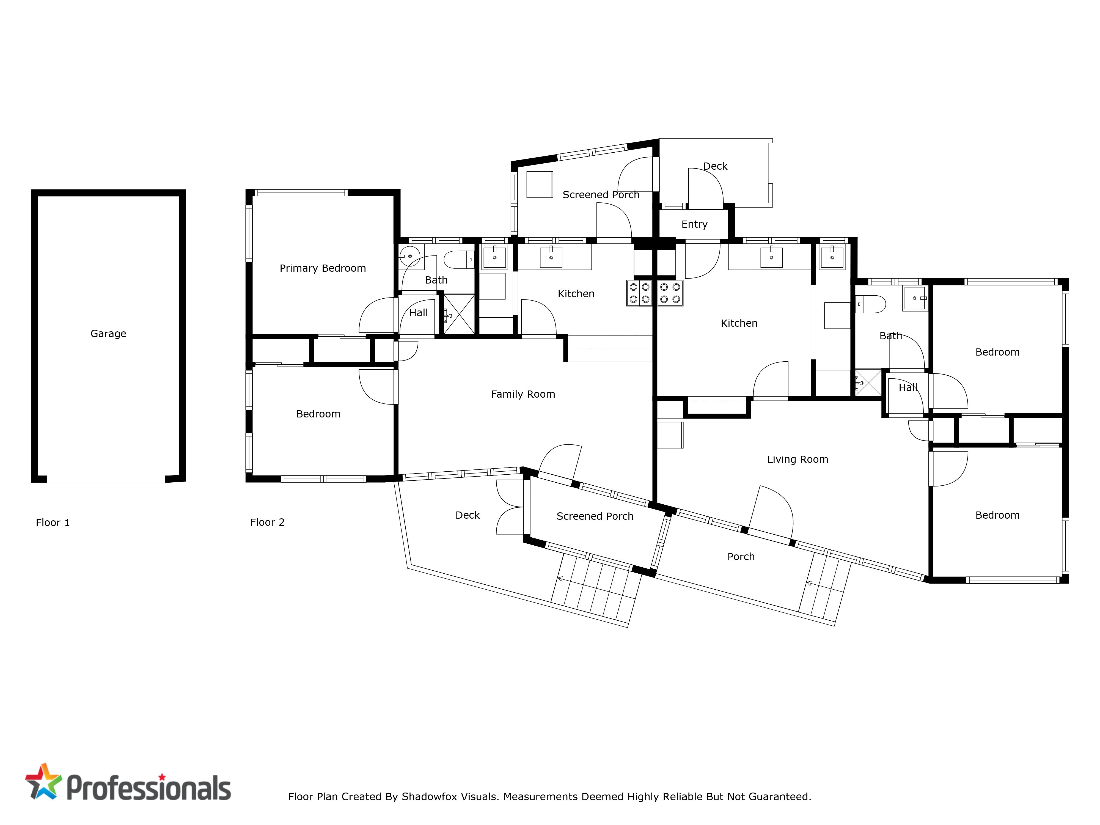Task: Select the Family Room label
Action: click(x=523, y=394)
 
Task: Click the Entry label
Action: click(x=694, y=224)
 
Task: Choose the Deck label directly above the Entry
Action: click(x=715, y=166)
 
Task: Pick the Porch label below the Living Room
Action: click(x=741, y=557)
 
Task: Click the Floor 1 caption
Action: click(x=53, y=523)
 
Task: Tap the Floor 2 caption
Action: click(x=267, y=522)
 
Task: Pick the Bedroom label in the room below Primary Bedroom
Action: click(x=318, y=414)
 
